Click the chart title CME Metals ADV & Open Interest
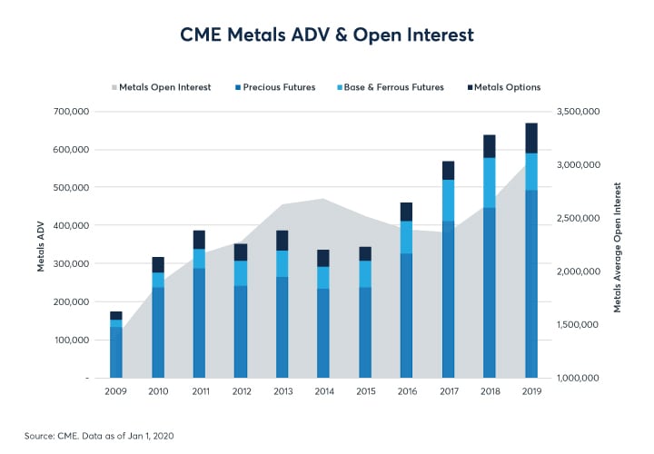tap(327, 36)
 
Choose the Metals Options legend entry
tap(505, 87)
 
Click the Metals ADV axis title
tap(41, 244)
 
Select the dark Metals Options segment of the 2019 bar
tap(530, 138)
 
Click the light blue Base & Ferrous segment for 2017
tap(448, 200)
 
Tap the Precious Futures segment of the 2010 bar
tap(158, 331)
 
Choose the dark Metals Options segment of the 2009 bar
tap(116, 315)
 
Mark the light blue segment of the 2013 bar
tap(282, 263)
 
